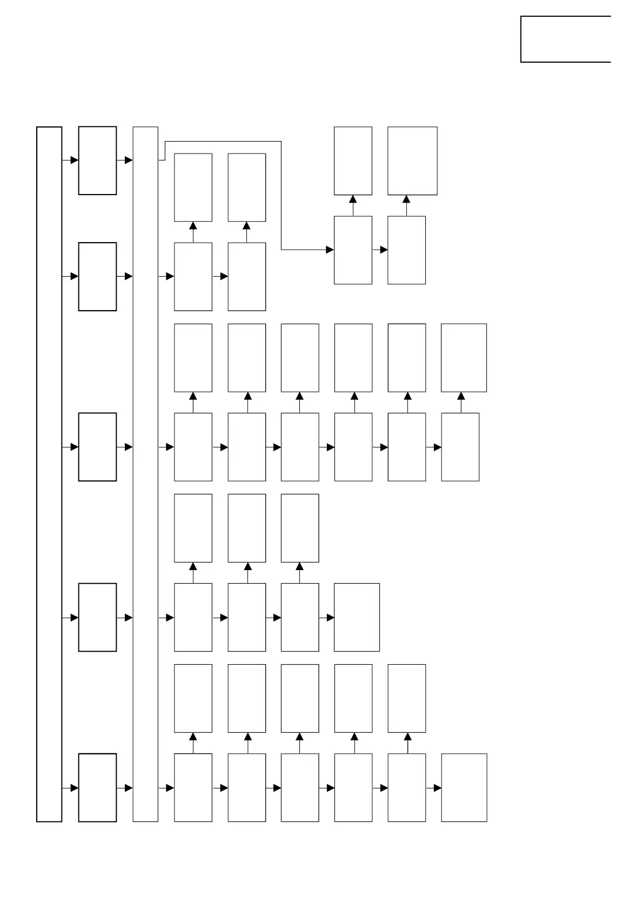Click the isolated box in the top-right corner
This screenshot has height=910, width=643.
(565, 39)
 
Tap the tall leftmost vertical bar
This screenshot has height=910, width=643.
(49, 474)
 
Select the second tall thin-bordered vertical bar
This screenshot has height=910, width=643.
(145, 474)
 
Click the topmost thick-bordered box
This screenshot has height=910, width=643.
(97, 160)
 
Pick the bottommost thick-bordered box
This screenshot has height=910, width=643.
(97, 787)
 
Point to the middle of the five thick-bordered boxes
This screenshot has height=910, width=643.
(97, 447)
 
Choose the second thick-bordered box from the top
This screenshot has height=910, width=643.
(97, 277)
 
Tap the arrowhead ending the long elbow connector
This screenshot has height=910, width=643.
(330, 250)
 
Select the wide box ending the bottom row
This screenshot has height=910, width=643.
(464, 787)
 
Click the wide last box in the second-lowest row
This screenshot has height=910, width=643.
(357, 617)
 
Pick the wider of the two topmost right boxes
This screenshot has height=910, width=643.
(412, 160)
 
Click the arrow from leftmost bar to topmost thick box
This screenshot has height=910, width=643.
(71, 160)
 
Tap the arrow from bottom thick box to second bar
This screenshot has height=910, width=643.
(125, 788)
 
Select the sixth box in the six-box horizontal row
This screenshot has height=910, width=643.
(460, 447)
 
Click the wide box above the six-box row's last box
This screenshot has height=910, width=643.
(464, 358)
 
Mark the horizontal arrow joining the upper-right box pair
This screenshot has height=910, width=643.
(380, 250)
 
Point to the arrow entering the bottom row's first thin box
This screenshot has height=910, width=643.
(166, 788)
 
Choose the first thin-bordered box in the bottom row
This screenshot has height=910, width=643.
(193, 787)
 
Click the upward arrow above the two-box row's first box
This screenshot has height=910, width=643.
(193, 232)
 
